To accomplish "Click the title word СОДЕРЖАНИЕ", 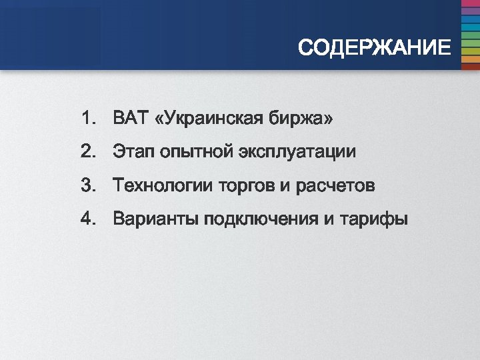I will [x=374, y=48].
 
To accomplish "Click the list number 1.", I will [x=87, y=119].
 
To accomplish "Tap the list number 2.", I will [x=87, y=152].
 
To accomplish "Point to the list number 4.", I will [x=87, y=219].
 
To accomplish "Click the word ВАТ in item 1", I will [x=129, y=119].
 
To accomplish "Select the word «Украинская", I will [x=207, y=119].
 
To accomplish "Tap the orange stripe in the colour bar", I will [x=471, y=59].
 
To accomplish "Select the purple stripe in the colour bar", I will [x=471, y=11].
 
